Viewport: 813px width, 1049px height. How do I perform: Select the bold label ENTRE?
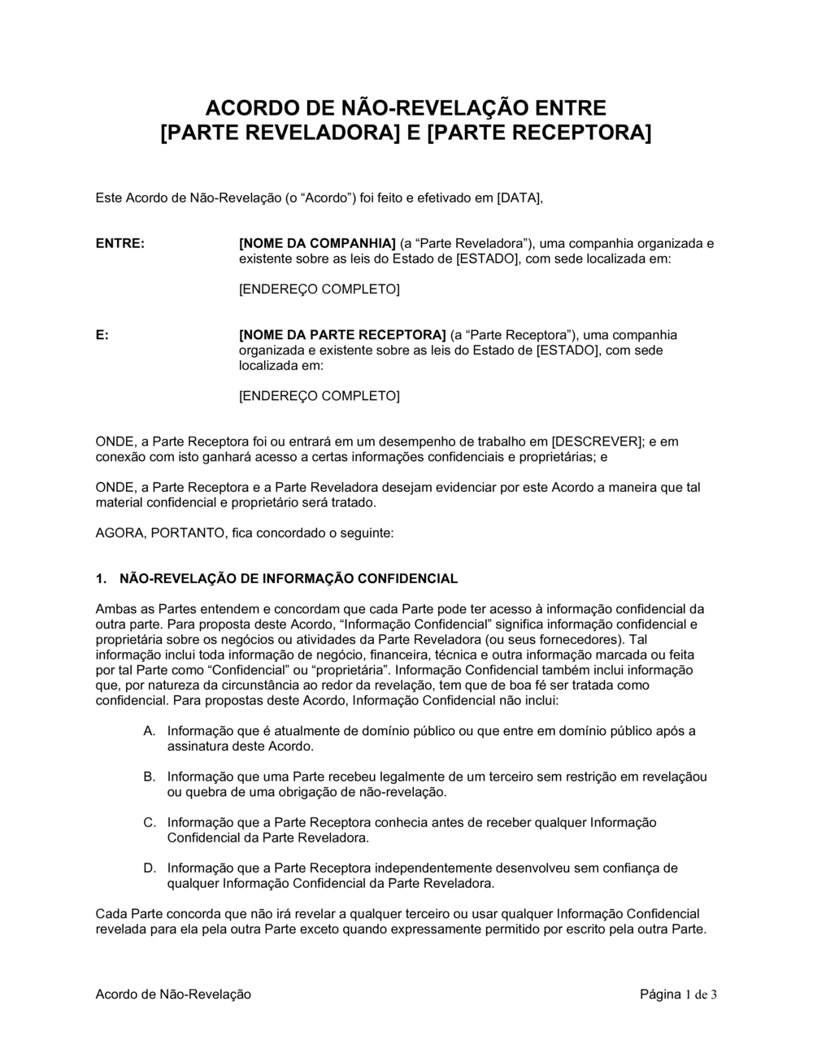(x=120, y=243)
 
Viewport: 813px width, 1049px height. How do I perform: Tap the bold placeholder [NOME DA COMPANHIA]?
(x=317, y=243)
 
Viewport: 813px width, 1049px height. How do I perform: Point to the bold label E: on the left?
(x=102, y=335)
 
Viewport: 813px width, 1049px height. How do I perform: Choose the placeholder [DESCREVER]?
(x=598, y=442)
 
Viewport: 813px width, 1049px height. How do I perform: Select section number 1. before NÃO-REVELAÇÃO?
(x=101, y=579)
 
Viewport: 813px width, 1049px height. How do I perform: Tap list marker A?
(x=150, y=731)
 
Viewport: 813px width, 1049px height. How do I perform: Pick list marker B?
(x=150, y=777)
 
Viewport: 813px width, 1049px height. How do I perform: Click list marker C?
(x=150, y=822)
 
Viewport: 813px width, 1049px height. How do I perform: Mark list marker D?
(x=150, y=868)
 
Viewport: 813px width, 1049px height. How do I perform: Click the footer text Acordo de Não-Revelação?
(x=173, y=995)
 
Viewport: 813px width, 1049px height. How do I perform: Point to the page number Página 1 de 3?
(x=678, y=995)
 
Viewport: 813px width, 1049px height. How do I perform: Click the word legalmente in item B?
(x=390, y=777)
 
